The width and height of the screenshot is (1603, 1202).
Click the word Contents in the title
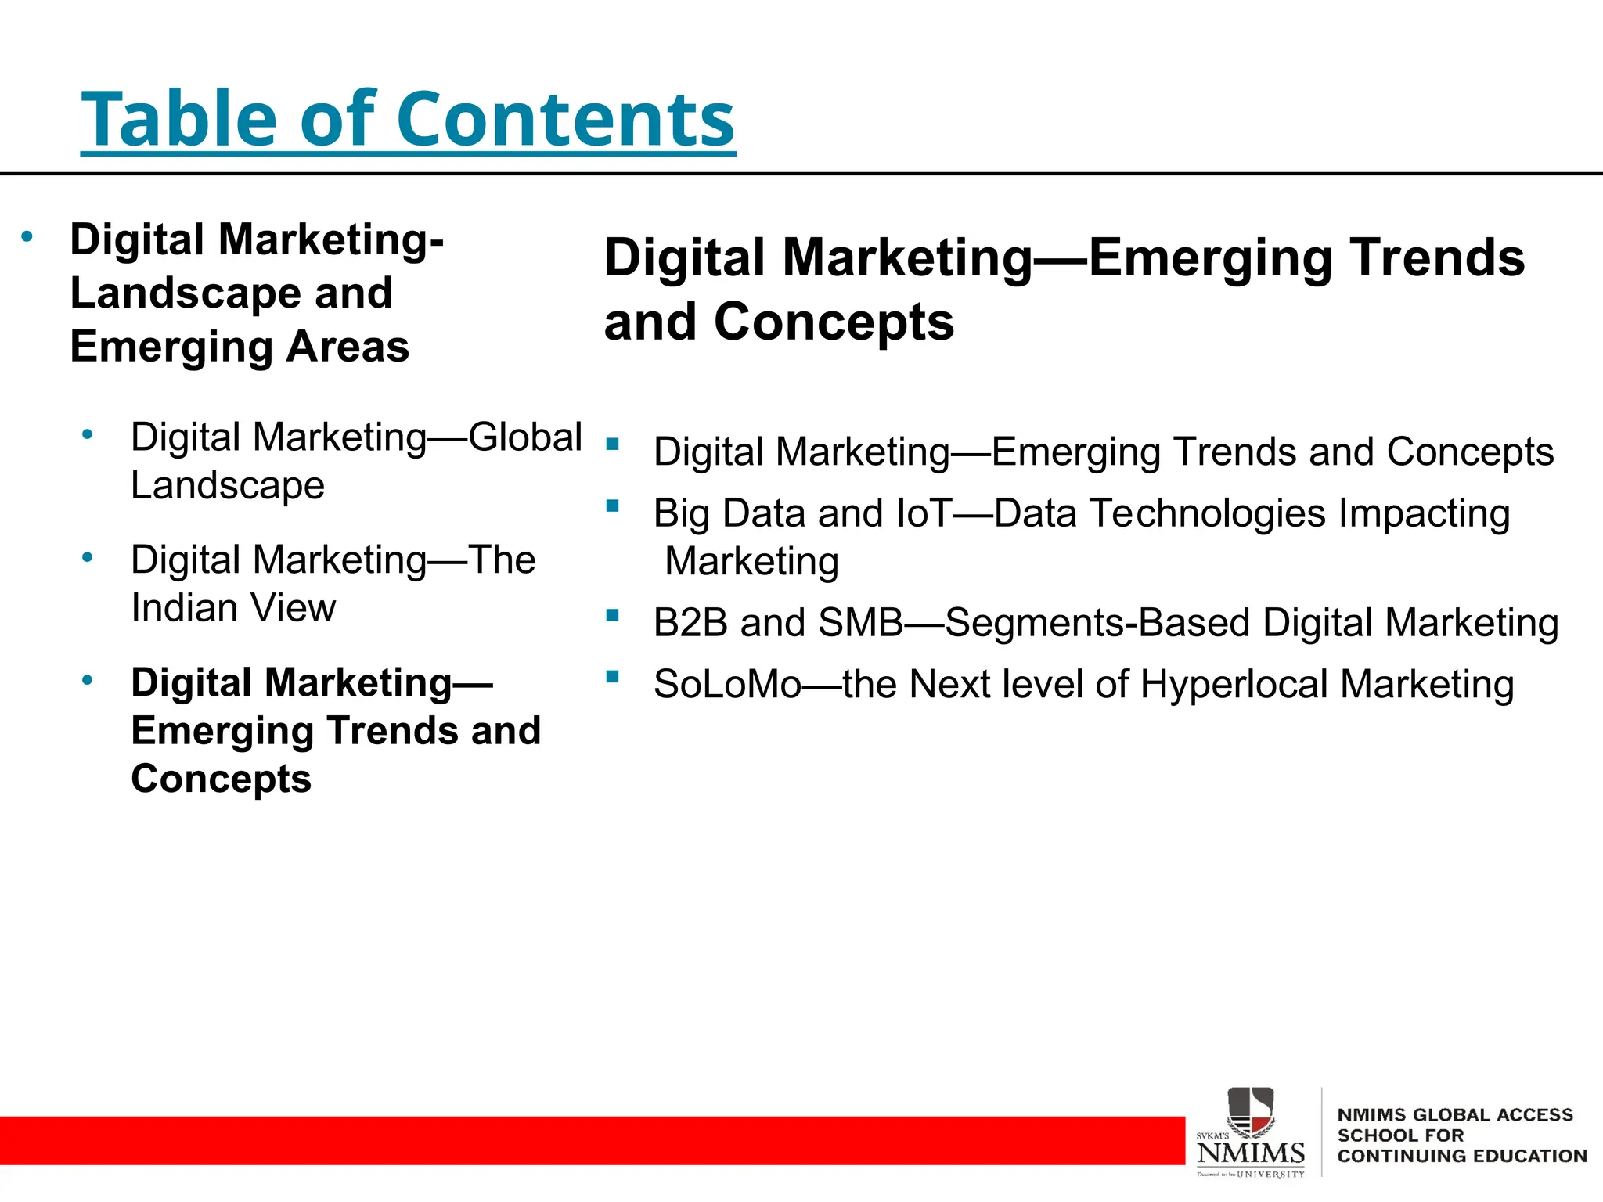(565, 119)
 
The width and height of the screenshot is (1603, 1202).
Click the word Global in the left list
(525, 437)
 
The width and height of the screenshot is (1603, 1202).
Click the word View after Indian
(293, 608)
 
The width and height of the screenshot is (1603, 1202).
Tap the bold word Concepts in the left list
(222, 779)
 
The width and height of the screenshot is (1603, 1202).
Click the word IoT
(924, 514)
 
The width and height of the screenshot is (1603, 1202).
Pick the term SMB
(860, 624)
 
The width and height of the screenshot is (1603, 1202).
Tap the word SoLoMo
(727, 685)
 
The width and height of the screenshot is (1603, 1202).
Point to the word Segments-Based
(1097, 624)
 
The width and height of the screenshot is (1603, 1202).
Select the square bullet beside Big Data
(612, 506)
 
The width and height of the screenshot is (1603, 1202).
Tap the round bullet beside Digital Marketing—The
(88, 558)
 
